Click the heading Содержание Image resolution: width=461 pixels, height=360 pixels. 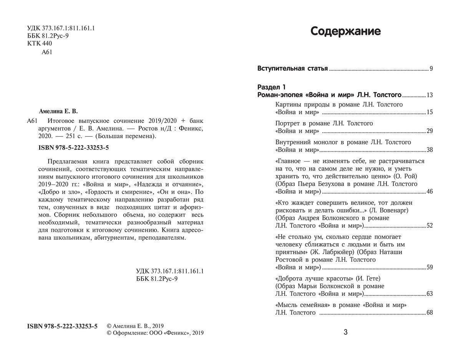point(345,31)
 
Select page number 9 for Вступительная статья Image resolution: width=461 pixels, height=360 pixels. point(431,69)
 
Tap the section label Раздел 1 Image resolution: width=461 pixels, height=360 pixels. point(271,87)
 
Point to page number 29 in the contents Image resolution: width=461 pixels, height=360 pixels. point(429,131)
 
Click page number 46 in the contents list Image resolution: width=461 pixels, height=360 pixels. point(429,191)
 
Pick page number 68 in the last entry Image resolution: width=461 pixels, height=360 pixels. point(429,313)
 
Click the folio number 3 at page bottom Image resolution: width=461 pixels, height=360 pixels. point(345,332)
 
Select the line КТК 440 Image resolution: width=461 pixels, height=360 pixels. point(40,43)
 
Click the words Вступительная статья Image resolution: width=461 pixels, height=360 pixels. point(292,69)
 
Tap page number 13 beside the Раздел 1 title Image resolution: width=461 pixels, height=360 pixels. point(429,95)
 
